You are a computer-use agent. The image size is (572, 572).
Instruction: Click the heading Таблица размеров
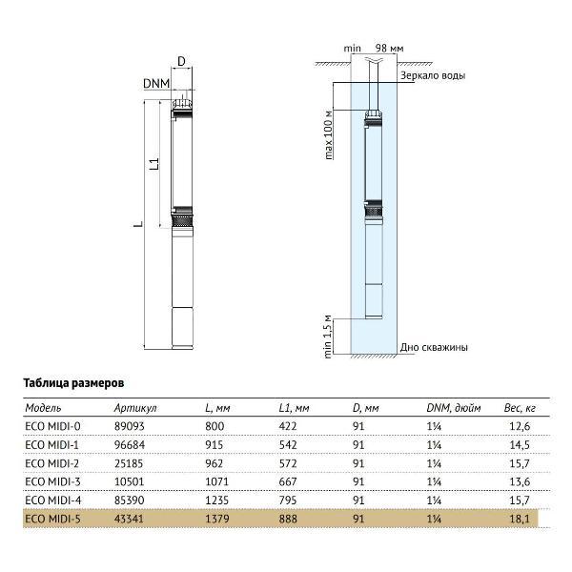[x=73, y=380]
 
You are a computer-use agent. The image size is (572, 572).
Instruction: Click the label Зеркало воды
[x=433, y=75]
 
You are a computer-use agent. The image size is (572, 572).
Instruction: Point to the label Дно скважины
[x=434, y=348]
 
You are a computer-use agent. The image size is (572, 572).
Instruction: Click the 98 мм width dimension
[x=389, y=48]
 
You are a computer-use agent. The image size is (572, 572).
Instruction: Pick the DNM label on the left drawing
[x=155, y=84]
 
